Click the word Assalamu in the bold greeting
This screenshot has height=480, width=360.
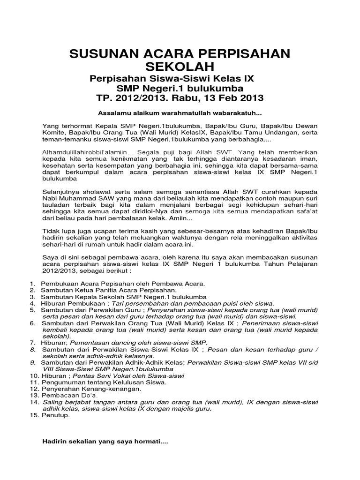pyautogui.click(x=112, y=113)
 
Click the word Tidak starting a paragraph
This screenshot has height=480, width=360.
pyautogui.click(x=51, y=231)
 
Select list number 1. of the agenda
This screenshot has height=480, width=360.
pyautogui.click(x=32, y=284)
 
